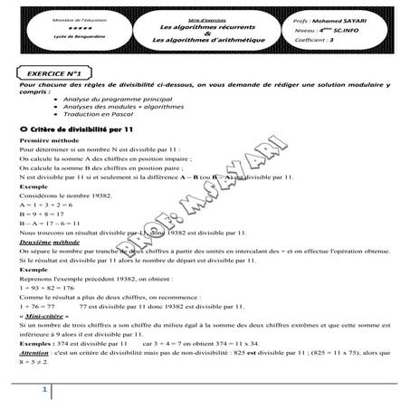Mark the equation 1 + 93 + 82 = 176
point(45,287)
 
